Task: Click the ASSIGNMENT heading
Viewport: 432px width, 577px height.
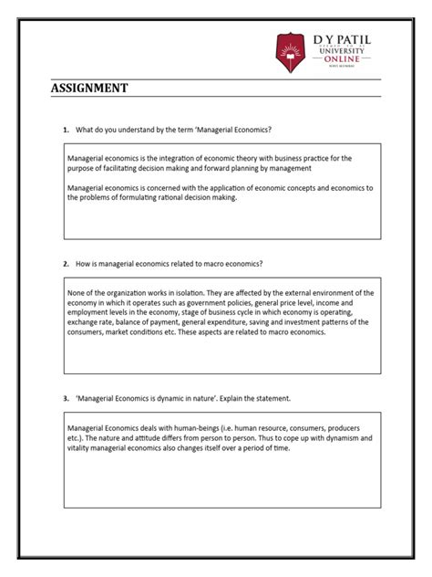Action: tap(89, 89)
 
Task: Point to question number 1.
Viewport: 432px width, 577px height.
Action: tap(66, 130)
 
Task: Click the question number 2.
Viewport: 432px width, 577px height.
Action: tap(66, 263)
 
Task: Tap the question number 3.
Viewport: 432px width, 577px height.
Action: tap(66, 398)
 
